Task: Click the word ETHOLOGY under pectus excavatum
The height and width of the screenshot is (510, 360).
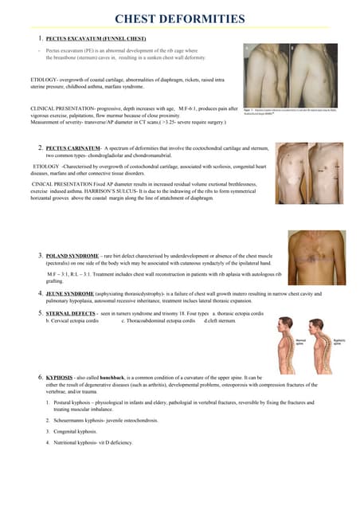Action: (23, 81)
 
